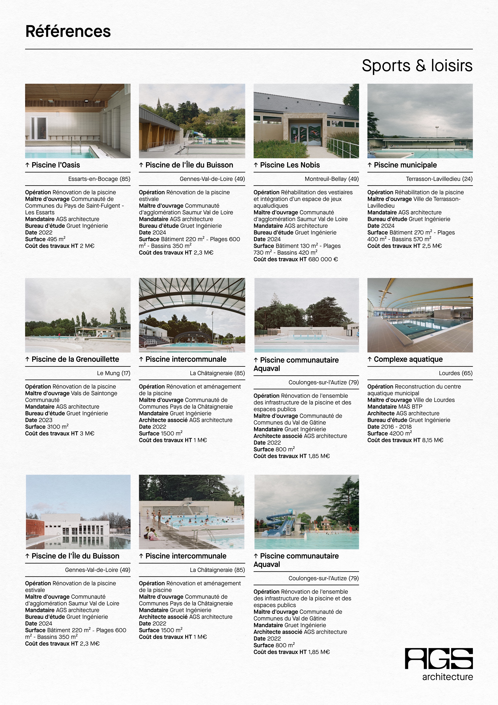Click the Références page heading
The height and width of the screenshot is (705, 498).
[x=68, y=31]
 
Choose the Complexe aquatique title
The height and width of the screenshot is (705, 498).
[x=408, y=359]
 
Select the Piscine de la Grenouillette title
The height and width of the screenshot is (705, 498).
[x=75, y=359]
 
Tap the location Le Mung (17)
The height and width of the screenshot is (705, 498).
[x=114, y=373]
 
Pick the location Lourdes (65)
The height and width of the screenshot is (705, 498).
[x=455, y=373]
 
